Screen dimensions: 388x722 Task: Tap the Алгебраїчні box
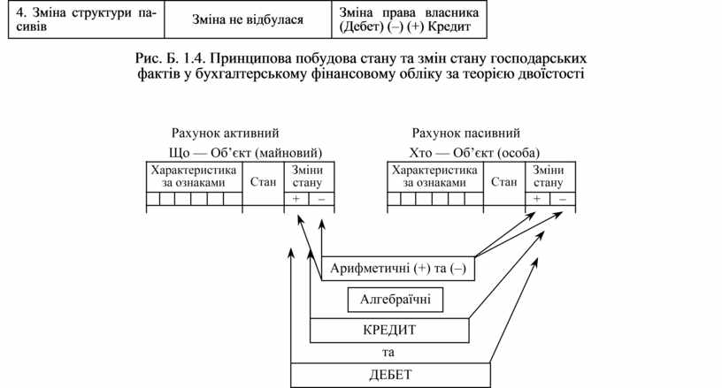click(x=395, y=300)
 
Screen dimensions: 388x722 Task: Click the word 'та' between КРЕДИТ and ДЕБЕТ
click(x=390, y=352)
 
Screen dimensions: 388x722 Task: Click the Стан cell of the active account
click(x=263, y=183)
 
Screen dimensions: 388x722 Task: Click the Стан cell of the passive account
click(x=503, y=183)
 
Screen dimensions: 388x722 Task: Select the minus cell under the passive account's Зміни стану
click(x=559, y=200)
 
